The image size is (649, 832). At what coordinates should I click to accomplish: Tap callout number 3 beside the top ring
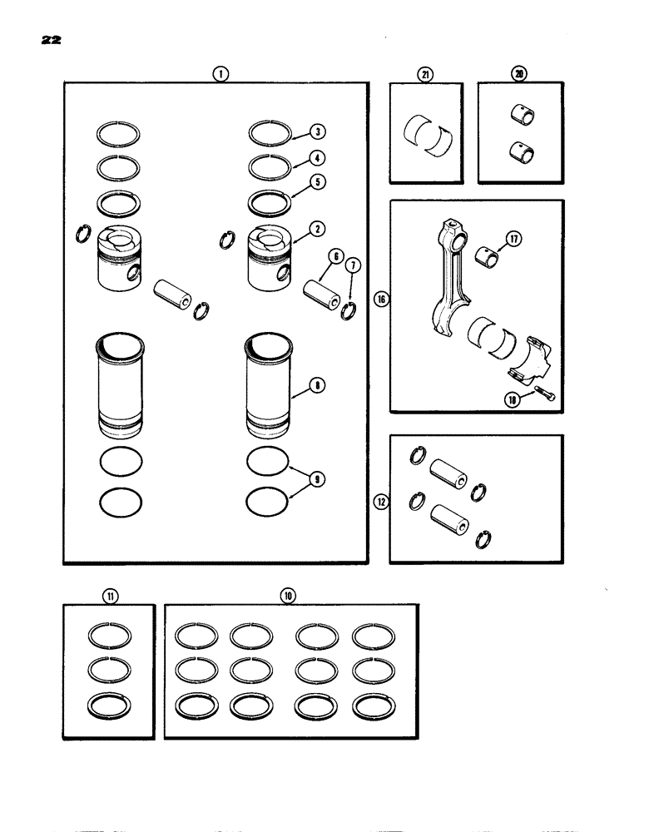[x=318, y=131]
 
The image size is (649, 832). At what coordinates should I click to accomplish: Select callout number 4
[x=318, y=157]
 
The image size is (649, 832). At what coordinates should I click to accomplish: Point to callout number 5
[x=318, y=181]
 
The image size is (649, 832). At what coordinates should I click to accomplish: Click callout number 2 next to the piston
[x=318, y=227]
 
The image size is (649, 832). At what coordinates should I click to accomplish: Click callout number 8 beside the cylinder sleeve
[x=318, y=385]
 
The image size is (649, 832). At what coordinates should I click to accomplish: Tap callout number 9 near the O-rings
[x=318, y=479]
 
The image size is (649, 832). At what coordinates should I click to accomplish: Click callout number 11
[x=109, y=595]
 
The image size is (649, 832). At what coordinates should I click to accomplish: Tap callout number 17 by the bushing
[x=513, y=240]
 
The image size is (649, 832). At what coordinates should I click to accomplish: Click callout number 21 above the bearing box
[x=425, y=74]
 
